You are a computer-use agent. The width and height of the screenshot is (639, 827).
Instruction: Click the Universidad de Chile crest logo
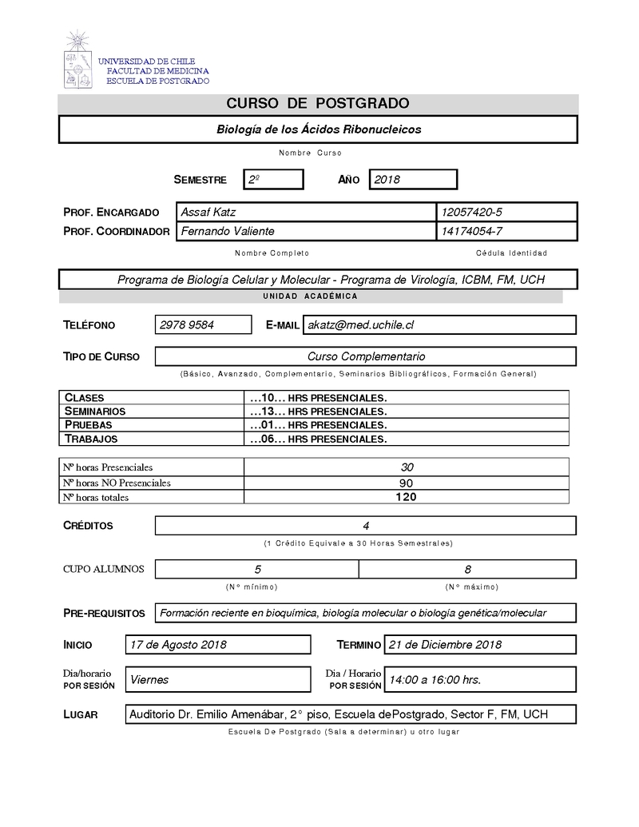point(77,60)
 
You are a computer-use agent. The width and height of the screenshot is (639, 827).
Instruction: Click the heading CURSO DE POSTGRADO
point(318,103)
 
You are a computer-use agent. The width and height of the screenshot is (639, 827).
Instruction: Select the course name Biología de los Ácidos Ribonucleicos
point(319,129)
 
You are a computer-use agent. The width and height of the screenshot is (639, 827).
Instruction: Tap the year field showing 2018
point(412,180)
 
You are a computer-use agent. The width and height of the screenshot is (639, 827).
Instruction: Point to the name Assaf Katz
point(208,212)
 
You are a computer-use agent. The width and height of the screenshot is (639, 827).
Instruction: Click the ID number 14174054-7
point(470,231)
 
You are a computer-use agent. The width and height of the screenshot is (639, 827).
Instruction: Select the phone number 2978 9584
point(187,325)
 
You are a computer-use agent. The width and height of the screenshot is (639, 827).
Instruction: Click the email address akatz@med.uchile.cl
point(361,325)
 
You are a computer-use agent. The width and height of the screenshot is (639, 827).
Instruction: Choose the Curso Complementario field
point(366,356)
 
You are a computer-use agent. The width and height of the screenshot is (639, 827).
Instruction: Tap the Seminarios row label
point(95,411)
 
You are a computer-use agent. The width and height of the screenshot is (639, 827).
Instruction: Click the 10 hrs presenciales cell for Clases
point(318,397)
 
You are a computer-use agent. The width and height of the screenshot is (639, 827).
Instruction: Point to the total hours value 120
point(406,497)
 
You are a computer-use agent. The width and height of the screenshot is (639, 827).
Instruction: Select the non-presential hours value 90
point(406,483)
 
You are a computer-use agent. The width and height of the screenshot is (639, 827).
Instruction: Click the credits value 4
point(365,526)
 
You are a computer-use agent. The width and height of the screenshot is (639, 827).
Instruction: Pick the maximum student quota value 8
point(467,569)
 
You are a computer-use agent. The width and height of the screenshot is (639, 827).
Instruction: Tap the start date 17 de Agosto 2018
point(178,645)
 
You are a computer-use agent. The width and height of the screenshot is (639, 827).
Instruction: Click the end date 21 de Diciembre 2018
point(445,645)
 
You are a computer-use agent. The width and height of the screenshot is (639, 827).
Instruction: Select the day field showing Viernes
point(149,680)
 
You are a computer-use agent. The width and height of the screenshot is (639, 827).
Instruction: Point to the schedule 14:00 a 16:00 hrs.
point(435,680)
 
